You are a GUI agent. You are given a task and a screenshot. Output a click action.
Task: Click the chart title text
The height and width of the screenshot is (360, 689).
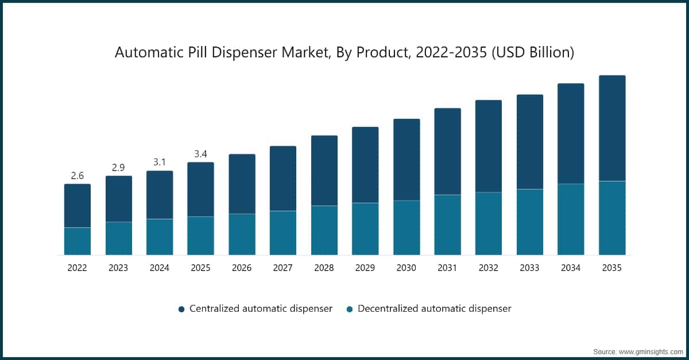point(344,52)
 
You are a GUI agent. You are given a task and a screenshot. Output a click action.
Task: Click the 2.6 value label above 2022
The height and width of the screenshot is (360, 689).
point(77,176)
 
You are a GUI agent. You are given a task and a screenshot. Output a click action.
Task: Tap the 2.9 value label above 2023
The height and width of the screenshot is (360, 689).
point(118,168)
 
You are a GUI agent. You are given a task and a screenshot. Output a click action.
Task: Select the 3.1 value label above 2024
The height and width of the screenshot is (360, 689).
point(160,162)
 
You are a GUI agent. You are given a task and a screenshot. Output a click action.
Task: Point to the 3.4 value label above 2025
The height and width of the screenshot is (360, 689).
point(200,154)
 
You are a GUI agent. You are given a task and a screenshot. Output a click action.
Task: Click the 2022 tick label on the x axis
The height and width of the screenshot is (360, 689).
point(77,268)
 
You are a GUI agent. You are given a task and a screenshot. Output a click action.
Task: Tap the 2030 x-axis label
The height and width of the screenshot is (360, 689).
point(407,268)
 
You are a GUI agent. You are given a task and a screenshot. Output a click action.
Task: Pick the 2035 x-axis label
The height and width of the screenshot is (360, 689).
point(612,268)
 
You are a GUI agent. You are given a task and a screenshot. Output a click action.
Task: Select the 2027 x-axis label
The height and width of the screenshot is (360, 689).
point(283,268)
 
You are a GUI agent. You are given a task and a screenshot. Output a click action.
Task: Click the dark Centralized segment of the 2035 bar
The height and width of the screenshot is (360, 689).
point(612,128)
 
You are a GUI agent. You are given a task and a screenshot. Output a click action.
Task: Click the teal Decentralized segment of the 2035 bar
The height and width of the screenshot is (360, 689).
point(612,218)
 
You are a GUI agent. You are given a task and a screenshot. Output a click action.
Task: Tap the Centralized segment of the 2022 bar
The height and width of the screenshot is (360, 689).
point(77,206)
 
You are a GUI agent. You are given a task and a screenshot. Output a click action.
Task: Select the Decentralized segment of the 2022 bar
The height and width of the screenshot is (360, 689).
point(77,241)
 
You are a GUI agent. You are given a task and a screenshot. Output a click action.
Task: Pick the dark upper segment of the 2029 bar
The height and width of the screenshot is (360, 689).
point(365,165)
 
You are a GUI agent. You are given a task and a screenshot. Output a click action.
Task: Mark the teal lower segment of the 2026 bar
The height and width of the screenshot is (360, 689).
point(242,234)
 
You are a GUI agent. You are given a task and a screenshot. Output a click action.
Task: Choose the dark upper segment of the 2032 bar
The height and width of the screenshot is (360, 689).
point(489,146)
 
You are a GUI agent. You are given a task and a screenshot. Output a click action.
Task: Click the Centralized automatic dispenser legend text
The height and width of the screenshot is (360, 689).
point(261,308)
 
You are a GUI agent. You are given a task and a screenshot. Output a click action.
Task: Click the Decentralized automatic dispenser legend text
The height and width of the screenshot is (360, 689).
point(434,308)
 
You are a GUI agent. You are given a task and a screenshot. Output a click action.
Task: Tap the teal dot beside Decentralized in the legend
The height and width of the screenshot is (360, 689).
point(349,309)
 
